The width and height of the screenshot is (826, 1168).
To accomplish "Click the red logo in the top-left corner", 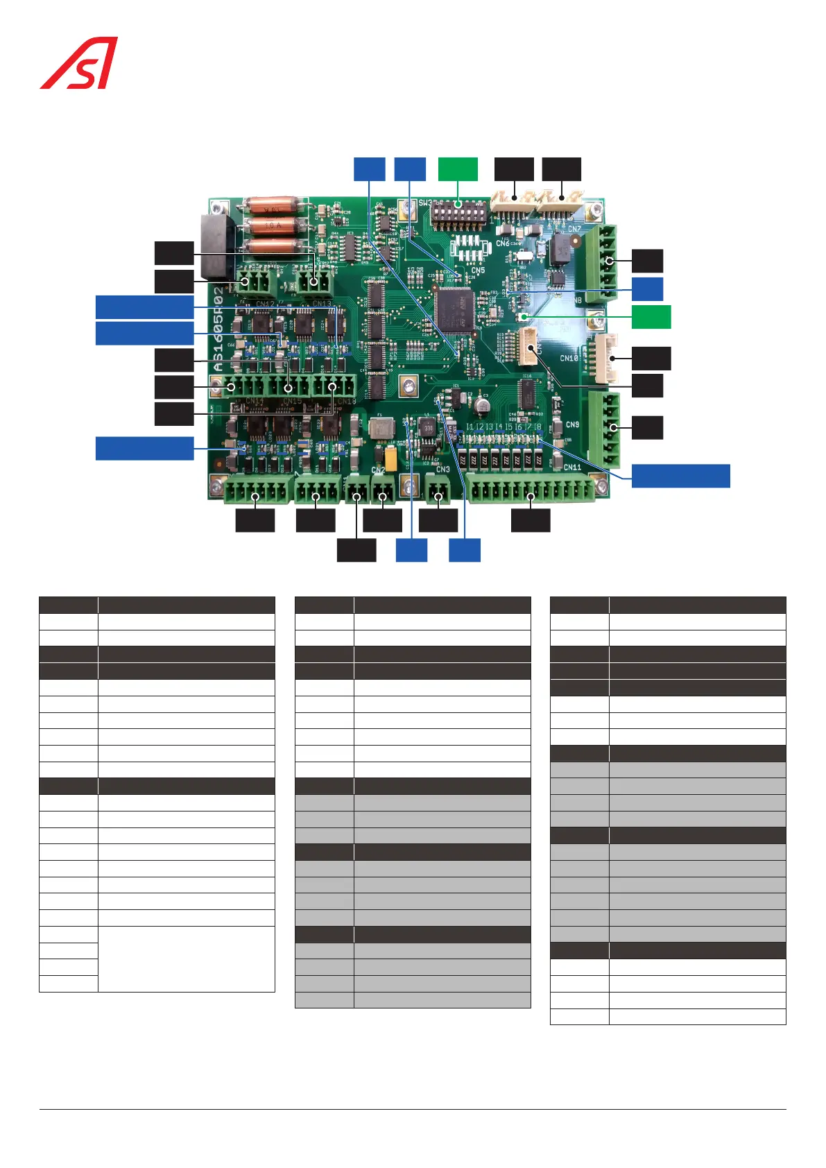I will (x=78, y=63).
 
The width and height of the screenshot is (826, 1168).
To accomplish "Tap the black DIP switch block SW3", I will (x=458, y=212).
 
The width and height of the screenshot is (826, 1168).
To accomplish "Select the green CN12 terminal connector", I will (x=255, y=282).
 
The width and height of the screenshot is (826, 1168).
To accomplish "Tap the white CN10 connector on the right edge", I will (x=603, y=359).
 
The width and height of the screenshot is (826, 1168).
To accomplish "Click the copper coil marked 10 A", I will (x=274, y=225).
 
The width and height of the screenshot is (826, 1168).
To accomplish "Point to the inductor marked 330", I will (x=428, y=428).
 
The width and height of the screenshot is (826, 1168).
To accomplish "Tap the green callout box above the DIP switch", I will (x=458, y=169).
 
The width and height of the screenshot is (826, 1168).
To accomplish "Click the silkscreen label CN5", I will (x=478, y=270).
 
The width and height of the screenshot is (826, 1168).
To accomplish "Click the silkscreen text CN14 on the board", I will (x=255, y=402).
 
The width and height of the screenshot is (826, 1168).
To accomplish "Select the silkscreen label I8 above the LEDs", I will (x=537, y=427).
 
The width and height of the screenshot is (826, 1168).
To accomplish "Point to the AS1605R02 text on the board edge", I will (x=219, y=329).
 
